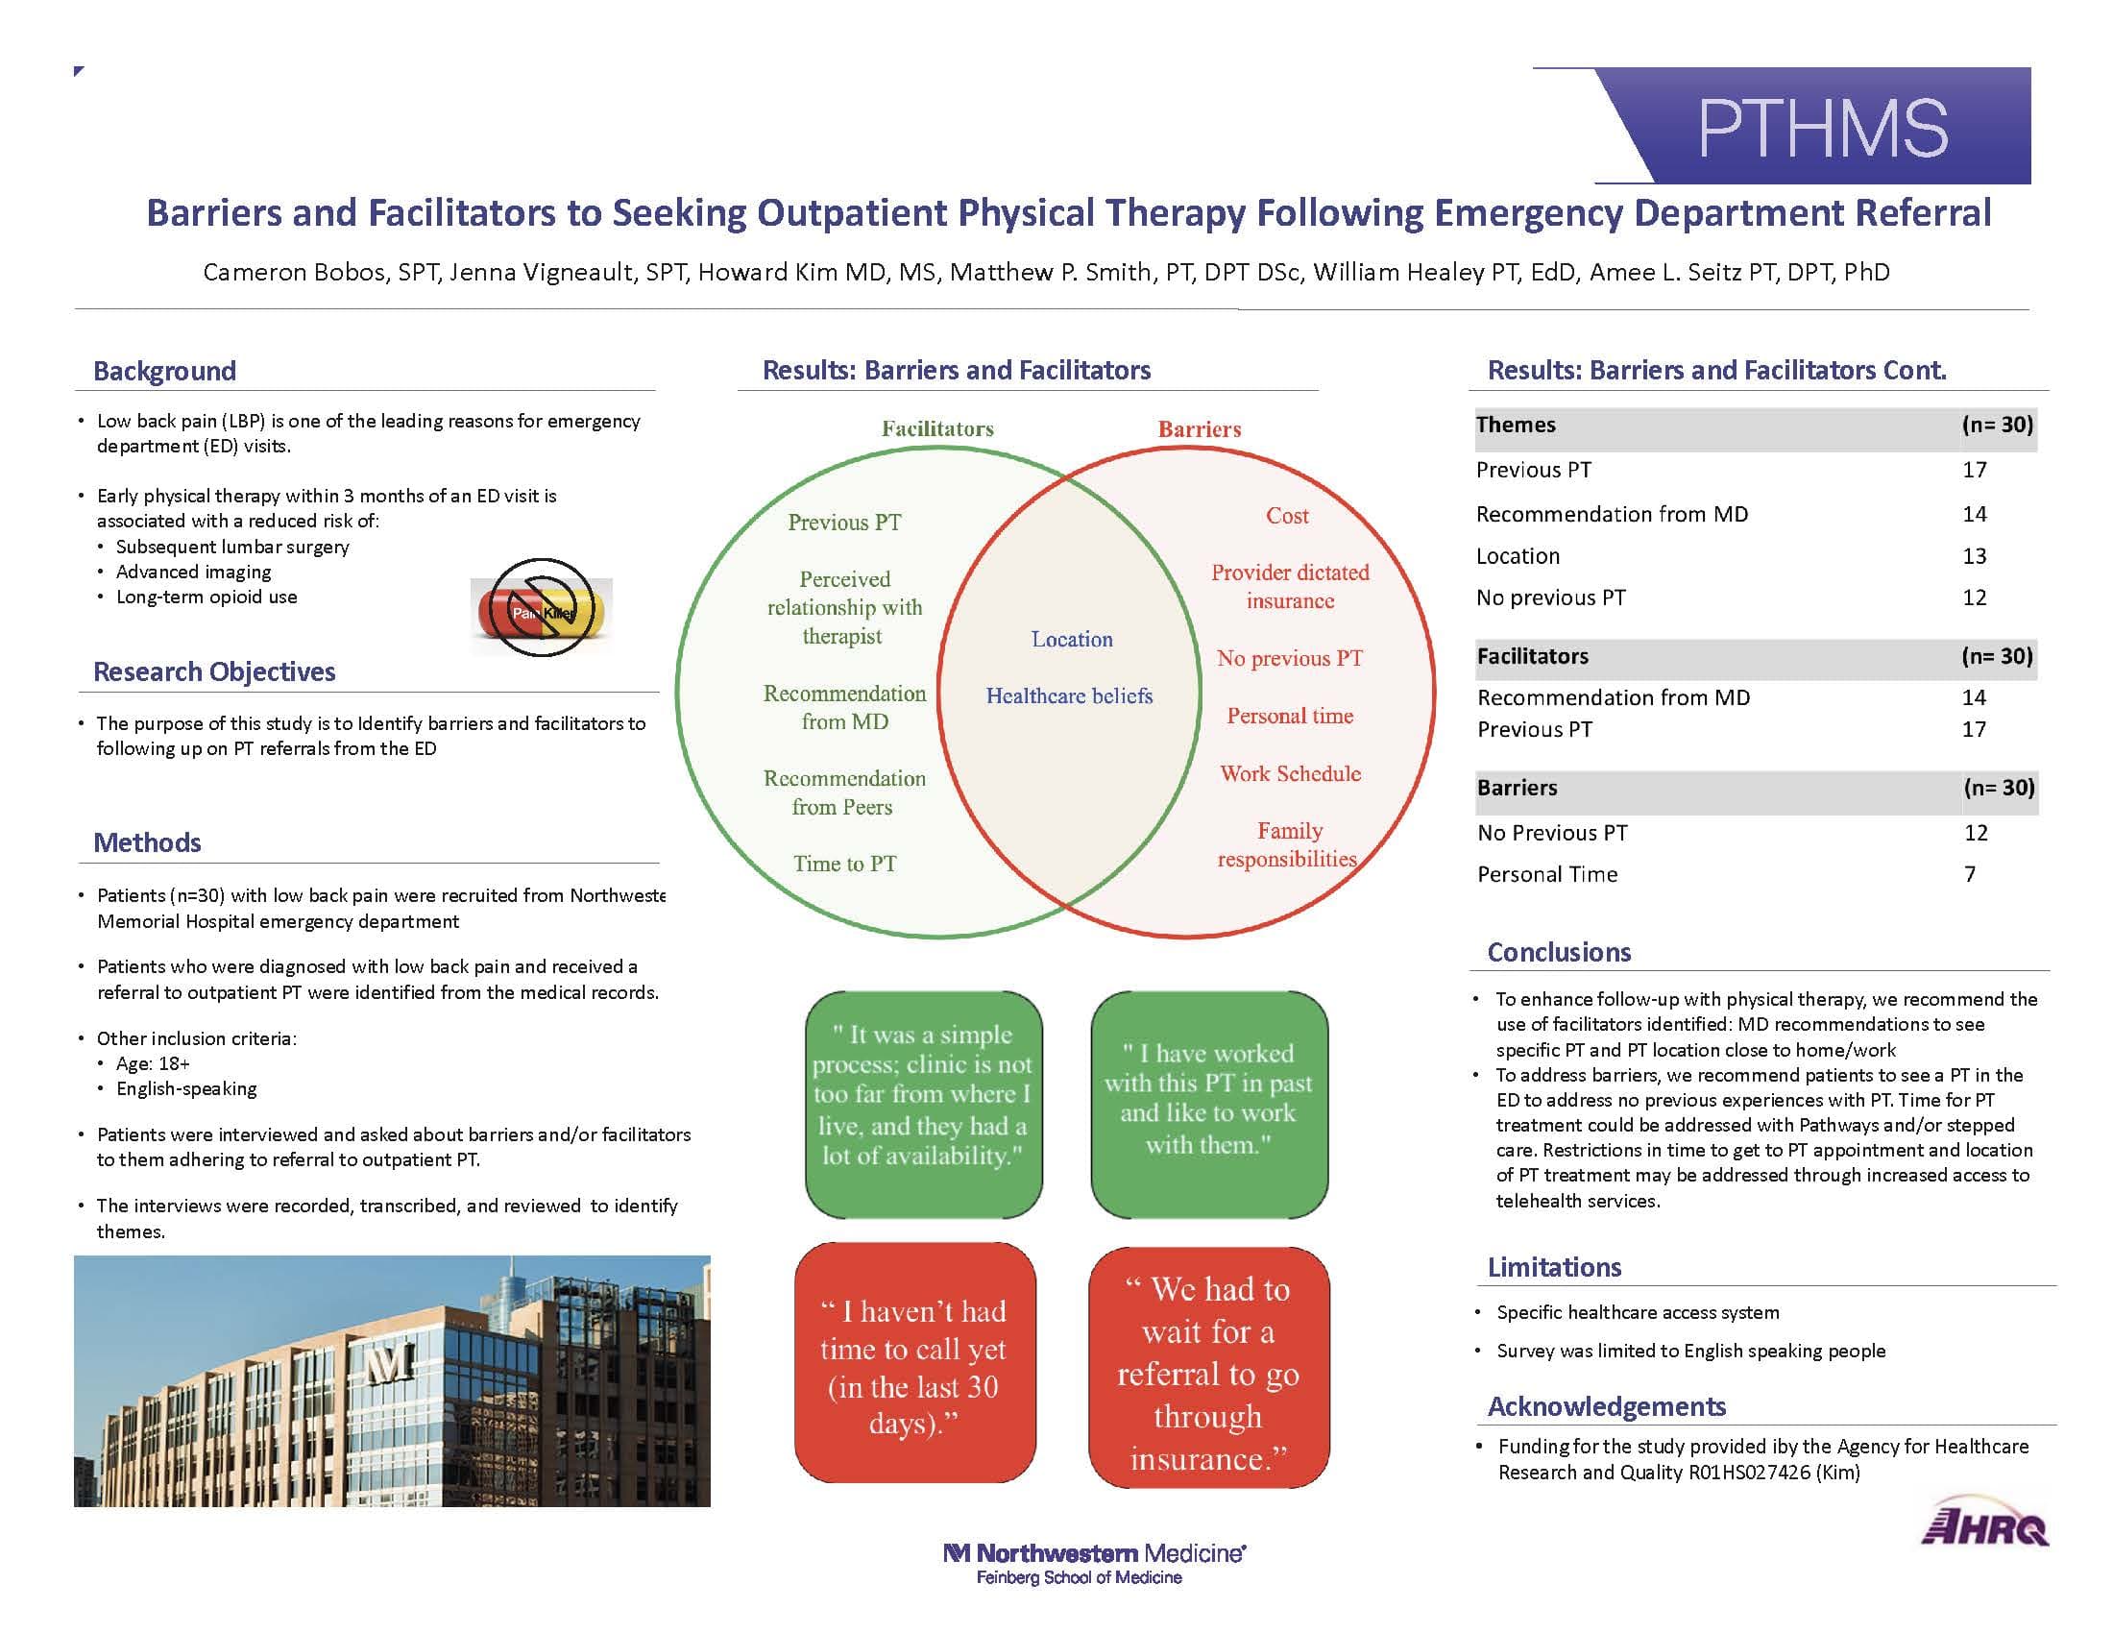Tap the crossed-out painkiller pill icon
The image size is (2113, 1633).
pyautogui.click(x=542, y=608)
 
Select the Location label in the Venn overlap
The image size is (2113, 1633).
pyautogui.click(x=1072, y=639)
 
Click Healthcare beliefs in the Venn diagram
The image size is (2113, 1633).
pyautogui.click(x=1069, y=695)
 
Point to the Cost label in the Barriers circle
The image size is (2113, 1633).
pyautogui.click(x=1287, y=516)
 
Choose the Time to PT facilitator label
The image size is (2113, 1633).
pyautogui.click(x=844, y=864)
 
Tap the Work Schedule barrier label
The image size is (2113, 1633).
pyautogui.click(x=1290, y=774)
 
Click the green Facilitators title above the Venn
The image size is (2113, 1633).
pyautogui.click(x=937, y=428)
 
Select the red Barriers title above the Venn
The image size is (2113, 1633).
pyautogui.click(x=1200, y=429)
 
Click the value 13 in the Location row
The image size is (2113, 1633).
pyautogui.click(x=1974, y=556)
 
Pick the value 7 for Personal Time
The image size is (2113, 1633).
pyautogui.click(x=1970, y=874)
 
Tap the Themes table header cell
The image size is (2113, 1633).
pyautogui.click(x=1516, y=425)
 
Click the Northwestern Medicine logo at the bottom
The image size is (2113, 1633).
pyautogui.click(x=1094, y=1563)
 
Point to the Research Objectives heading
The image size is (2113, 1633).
pyautogui.click(x=214, y=671)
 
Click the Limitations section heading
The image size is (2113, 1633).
pyautogui.click(x=1554, y=1267)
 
